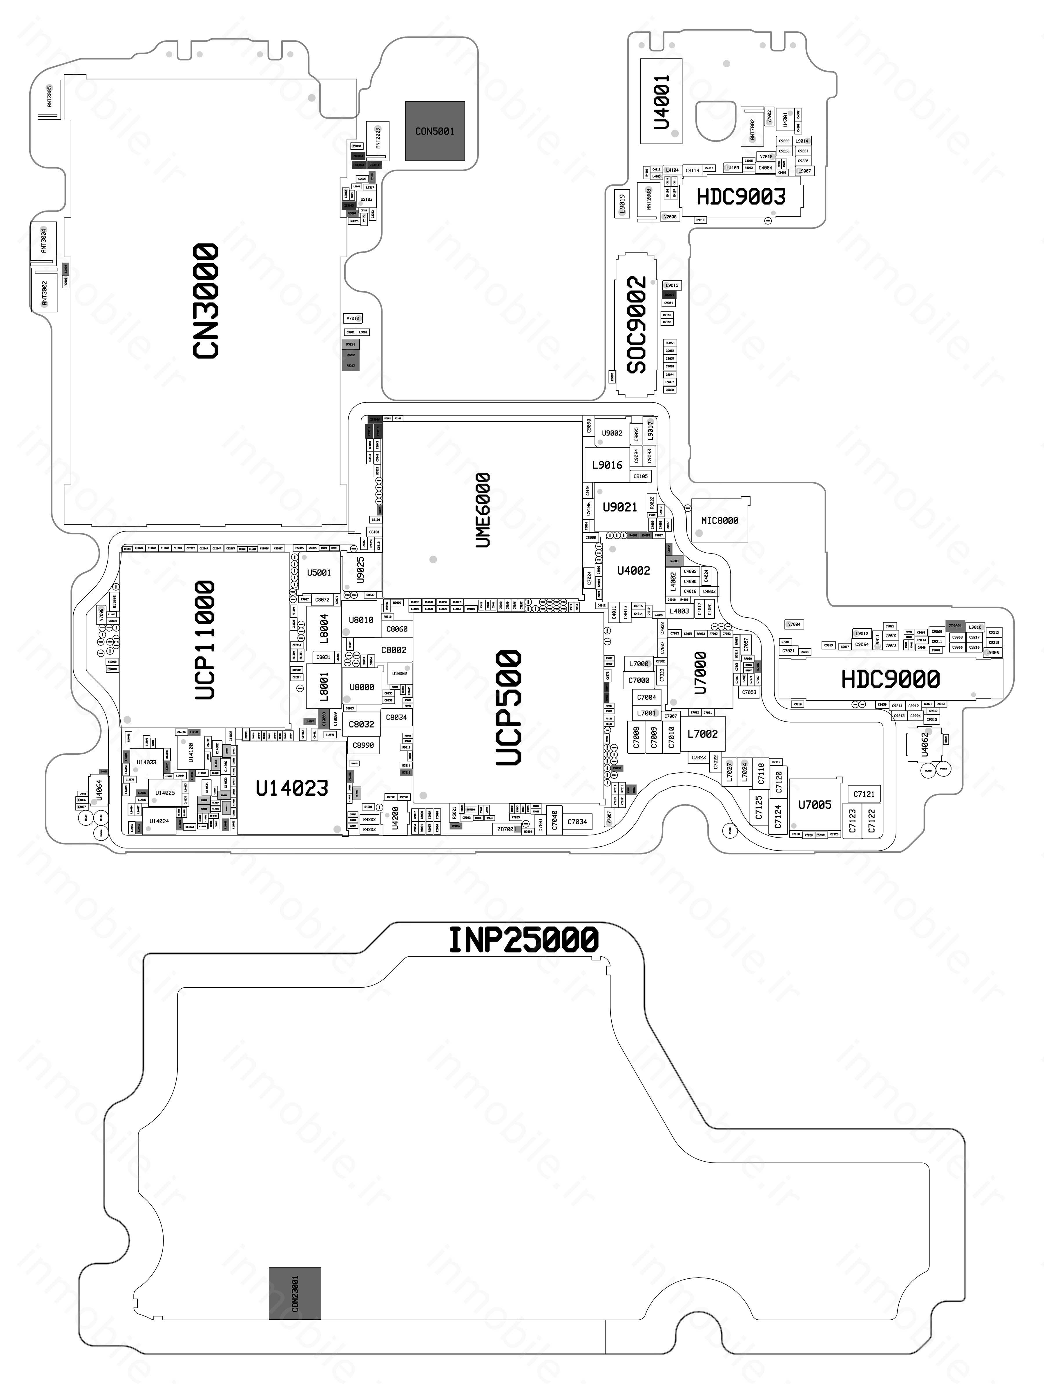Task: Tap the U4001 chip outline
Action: click(661, 101)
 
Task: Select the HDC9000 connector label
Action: click(890, 679)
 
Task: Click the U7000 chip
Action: click(700, 673)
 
